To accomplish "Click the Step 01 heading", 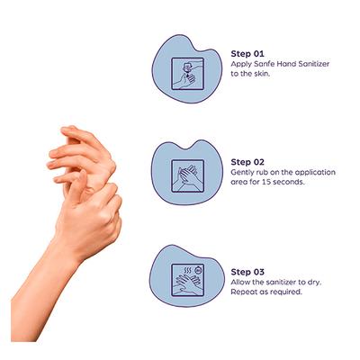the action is [x=247, y=54].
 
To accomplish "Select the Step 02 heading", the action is [x=247, y=162].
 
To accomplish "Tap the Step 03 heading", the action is [x=247, y=272].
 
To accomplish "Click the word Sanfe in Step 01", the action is [x=265, y=64].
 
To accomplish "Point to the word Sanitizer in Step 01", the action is [x=314, y=64].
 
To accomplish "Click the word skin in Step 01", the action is [x=263, y=74].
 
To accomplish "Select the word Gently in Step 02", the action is [x=240, y=173].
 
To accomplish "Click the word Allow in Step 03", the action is [x=239, y=283].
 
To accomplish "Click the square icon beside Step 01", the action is [x=187, y=74].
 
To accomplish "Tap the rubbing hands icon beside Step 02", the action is [x=187, y=176].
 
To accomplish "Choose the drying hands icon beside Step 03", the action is [x=187, y=280].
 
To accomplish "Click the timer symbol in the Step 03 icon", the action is [x=197, y=271].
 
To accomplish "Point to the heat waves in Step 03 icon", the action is [x=187, y=271].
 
